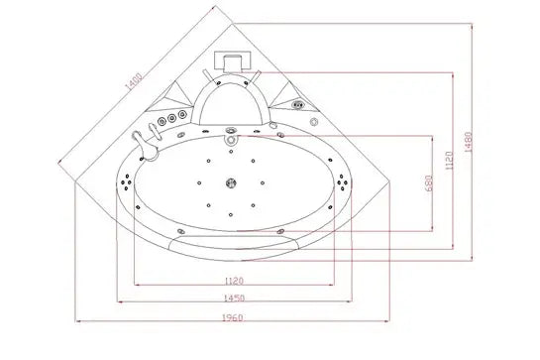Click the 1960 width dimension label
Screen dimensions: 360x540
(x=233, y=317)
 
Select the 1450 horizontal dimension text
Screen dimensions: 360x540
(x=233, y=298)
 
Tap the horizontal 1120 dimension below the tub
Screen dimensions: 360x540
(x=233, y=280)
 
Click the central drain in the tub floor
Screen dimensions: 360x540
(x=233, y=182)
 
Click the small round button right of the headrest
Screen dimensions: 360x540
(x=313, y=121)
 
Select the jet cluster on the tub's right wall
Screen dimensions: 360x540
(x=343, y=182)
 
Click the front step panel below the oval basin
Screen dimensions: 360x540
(x=234, y=242)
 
